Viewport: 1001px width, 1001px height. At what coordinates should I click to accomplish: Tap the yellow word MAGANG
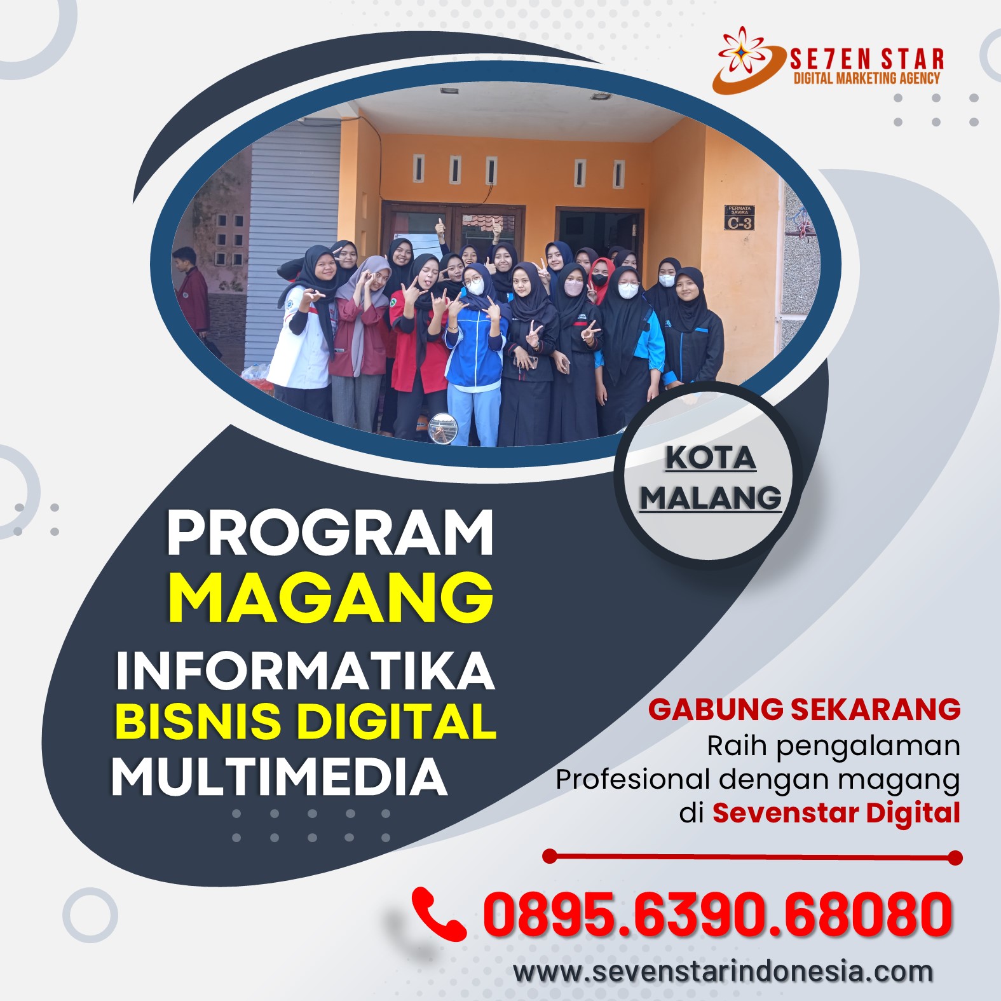coord(330,597)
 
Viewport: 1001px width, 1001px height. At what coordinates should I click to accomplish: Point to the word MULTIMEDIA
coord(280,776)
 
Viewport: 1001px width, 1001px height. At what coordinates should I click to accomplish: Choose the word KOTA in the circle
coord(711,458)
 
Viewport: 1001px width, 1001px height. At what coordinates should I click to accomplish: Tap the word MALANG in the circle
coord(711,498)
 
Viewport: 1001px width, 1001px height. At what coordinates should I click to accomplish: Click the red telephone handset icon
coord(438,914)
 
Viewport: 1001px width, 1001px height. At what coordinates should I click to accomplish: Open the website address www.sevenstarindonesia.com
coord(723,972)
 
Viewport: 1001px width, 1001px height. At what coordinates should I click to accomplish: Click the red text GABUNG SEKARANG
coord(804,709)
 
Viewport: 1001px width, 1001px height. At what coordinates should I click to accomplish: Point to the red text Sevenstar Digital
coord(836,812)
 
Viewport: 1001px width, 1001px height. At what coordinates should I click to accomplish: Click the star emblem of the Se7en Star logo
coord(741,50)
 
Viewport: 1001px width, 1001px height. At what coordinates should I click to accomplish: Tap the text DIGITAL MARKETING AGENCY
coord(867,78)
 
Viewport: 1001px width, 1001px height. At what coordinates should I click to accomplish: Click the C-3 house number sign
coord(740,217)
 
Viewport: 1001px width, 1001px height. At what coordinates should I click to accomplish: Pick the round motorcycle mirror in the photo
coord(442,428)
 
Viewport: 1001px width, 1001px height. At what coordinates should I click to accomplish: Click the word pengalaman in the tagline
coord(868,746)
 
